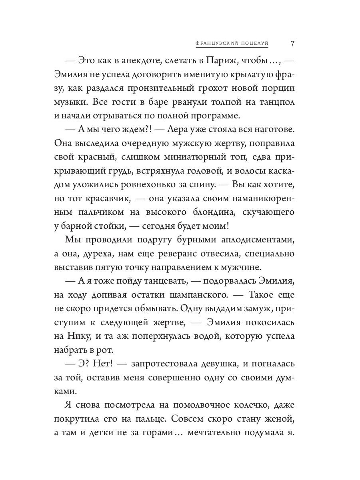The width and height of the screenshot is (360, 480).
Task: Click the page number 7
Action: tap(292, 43)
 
